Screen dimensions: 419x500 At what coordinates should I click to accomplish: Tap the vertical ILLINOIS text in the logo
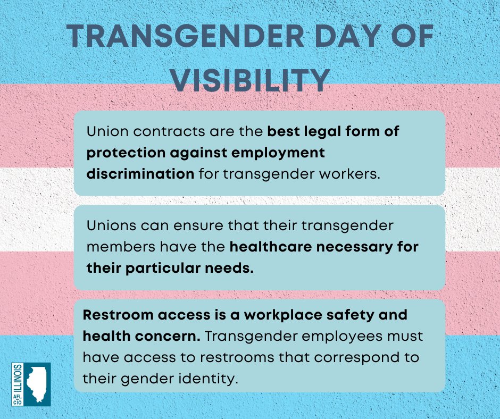pyautogui.click(x=18, y=378)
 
